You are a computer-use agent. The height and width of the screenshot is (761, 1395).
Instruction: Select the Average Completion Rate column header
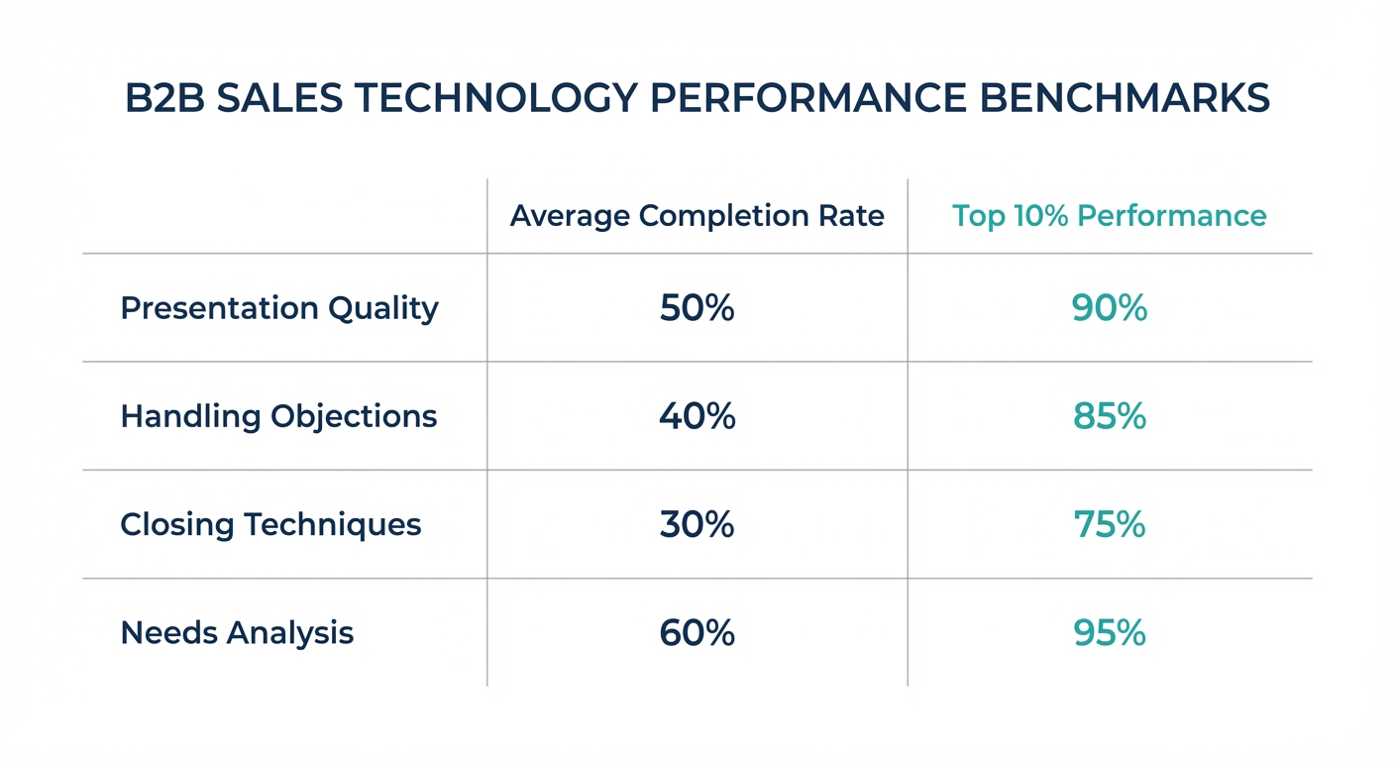tap(697, 216)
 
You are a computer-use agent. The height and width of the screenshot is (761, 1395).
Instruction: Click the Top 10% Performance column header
tap(1109, 216)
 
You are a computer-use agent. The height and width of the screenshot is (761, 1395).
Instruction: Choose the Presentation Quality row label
tap(278, 308)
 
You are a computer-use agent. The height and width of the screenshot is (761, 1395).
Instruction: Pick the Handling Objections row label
tap(278, 416)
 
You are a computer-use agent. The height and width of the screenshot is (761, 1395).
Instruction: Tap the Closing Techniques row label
tap(270, 524)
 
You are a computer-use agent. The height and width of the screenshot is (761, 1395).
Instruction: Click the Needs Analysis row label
tap(237, 632)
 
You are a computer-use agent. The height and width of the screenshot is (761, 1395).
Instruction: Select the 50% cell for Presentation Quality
tap(697, 308)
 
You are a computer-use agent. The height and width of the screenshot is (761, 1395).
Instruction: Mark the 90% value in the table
tap(1109, 308)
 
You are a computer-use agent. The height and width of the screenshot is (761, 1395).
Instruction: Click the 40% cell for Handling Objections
tap(697, 416)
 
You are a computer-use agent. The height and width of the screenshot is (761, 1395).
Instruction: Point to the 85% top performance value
tap(1109, 416)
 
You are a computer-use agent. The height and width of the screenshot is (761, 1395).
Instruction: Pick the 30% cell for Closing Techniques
tap(697, 524)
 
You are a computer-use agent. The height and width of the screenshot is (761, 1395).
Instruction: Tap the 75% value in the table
tap(1109, 524)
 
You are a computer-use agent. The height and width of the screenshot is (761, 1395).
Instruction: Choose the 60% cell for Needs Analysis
tap(697, 632)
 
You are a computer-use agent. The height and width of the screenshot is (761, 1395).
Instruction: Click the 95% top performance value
tap(1109, 632)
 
